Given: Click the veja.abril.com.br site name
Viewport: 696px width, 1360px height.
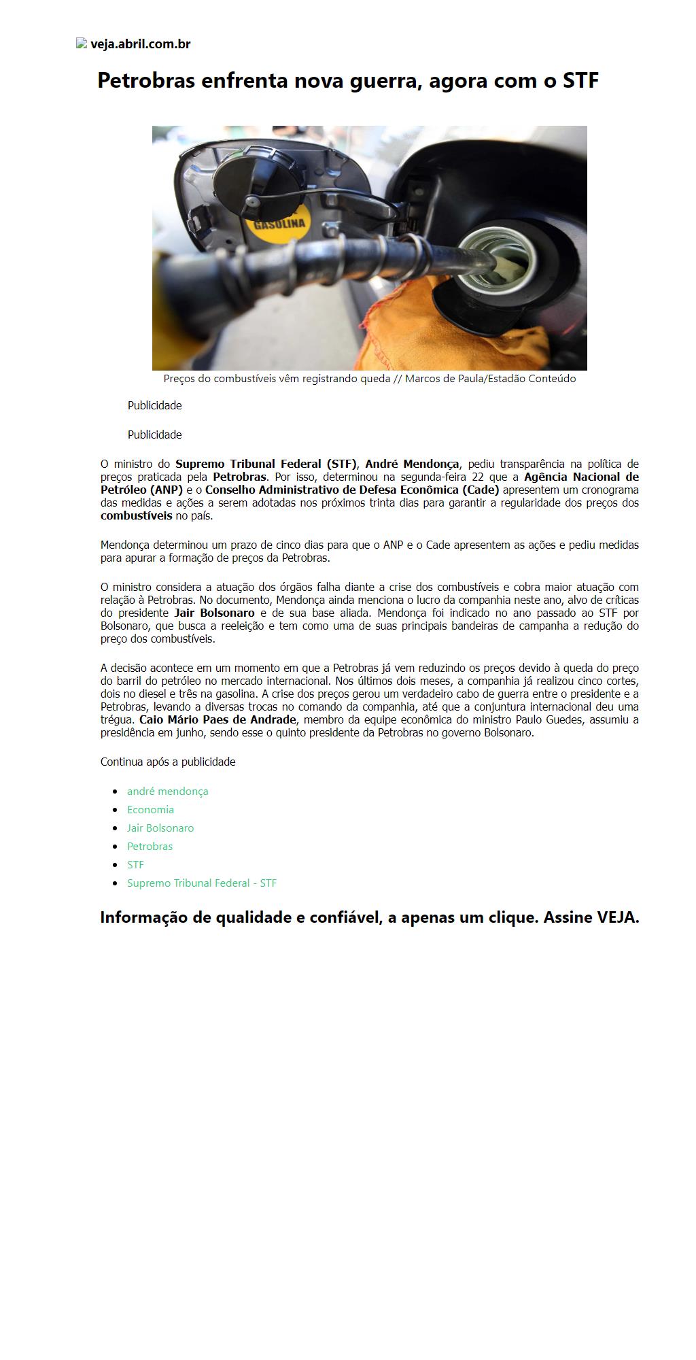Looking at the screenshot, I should pos(141,44).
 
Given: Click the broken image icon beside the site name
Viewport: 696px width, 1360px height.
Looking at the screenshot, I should pos(82,44).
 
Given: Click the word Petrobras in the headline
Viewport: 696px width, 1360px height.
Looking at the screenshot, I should pos(145,80).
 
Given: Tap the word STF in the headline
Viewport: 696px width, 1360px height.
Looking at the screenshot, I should pos(580,80).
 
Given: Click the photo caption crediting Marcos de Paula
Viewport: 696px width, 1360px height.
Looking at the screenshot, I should pos(369,379).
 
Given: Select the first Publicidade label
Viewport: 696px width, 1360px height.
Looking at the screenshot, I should pos(154,405).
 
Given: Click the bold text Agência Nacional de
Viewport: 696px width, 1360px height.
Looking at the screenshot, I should pos(581,477).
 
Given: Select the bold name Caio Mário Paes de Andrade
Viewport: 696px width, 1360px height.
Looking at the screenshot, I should pos(217,720).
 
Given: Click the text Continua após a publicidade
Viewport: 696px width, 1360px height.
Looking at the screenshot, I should pos(168,762).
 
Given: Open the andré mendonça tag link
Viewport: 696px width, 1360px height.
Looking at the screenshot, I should pos(167,792).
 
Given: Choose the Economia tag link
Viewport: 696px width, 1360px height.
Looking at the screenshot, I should pos(150,810).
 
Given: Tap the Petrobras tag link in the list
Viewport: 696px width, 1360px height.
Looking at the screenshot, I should pos(150,847).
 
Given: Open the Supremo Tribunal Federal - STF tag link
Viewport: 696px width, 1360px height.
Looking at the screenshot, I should pos(201,883).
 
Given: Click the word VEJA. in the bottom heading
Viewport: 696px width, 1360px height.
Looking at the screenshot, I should pos(618,917).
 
